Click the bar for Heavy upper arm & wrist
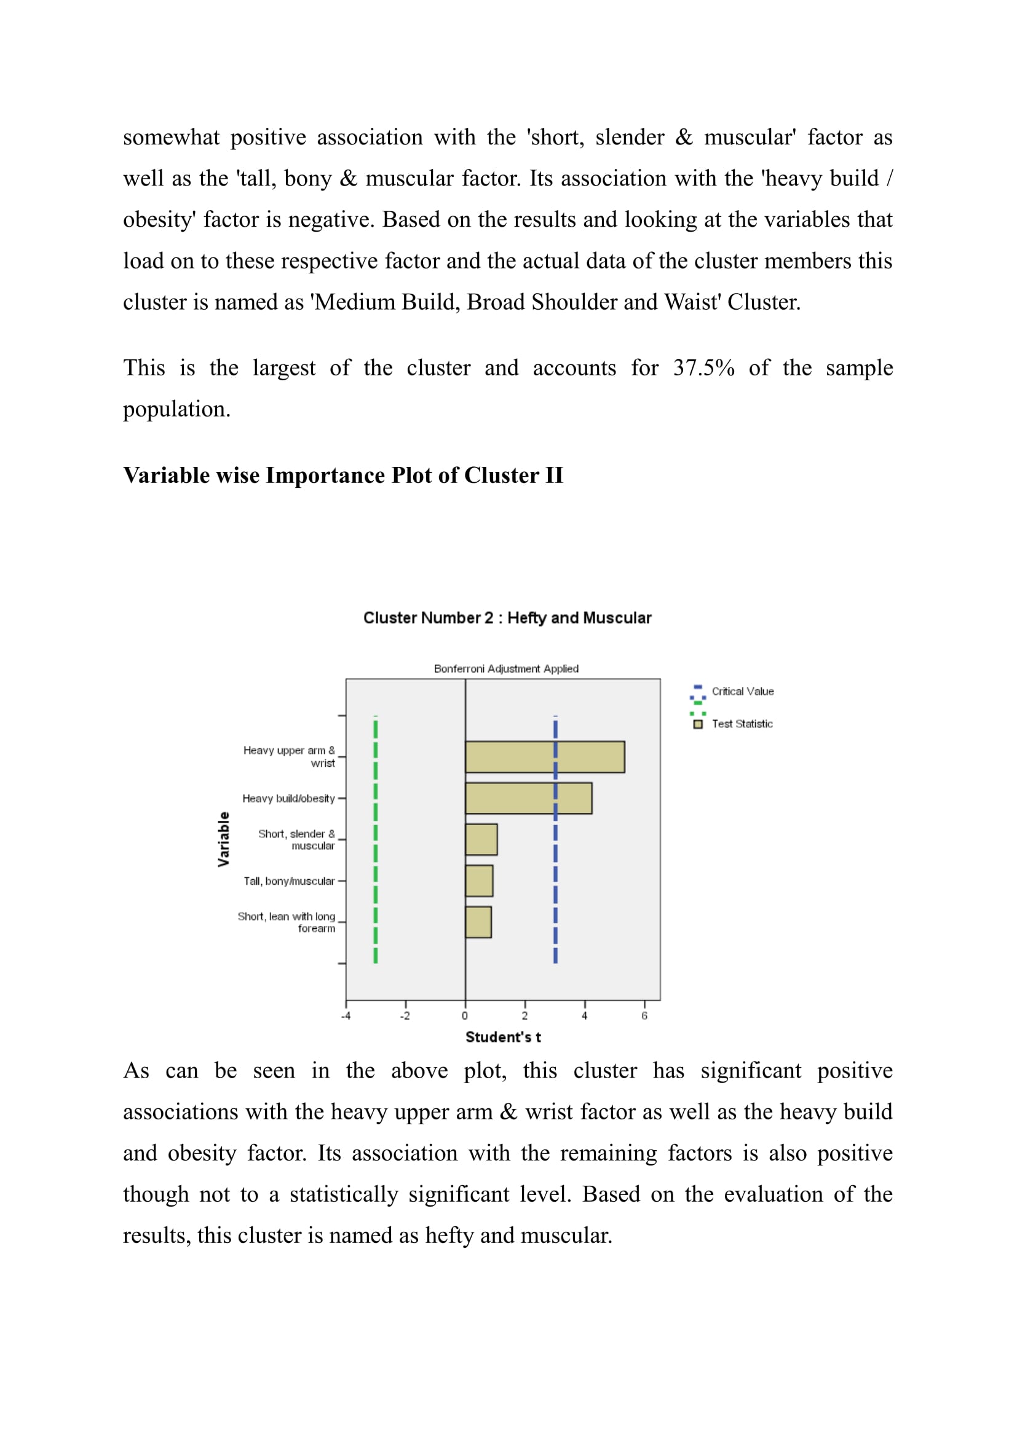point(544,757)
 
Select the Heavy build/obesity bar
point(528,798)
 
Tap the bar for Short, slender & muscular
point(481,839)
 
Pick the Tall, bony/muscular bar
point(478,880)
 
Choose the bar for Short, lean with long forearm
point(478,922)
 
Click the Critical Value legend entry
point(742,692)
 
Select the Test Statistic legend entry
point(742,724)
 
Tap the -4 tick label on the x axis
point(346,1016)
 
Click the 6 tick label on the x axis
point(644,1016)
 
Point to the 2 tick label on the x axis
point(524,1016)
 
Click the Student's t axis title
point(503,1037)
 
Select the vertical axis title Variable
point(224,839)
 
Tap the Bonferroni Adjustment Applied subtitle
point(506,668)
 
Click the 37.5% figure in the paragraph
point(704,368)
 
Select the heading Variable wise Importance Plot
point(343,476)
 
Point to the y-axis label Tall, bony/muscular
point(289,881)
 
